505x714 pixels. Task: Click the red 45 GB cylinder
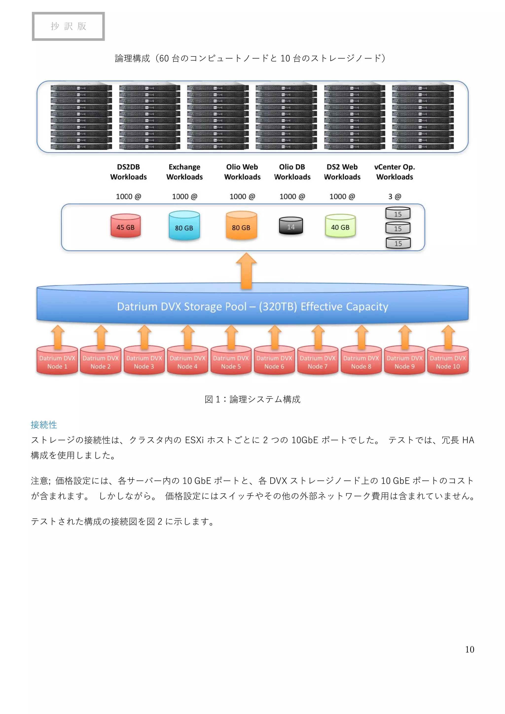(x=126, y=226)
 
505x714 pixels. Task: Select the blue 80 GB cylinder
(x=184, y=226)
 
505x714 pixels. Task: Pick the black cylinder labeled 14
(x=291, y=226)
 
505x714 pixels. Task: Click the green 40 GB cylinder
(x=340, y=226)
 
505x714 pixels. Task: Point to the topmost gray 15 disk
(x=398, y=214)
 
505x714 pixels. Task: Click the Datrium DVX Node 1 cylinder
(x=57, y=361)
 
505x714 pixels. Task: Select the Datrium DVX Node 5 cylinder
(x=231, y=361)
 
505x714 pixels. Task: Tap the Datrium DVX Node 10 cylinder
(x=448, y=361)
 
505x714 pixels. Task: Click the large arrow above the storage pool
(x=246, y=270)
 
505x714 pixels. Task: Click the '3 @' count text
(x=395, y=196)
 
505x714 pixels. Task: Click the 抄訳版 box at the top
(x=68, y=26)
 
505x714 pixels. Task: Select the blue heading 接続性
(x=44, y=425)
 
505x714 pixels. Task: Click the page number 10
(x=469, y=650)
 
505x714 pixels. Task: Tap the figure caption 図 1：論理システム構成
(x=252, y=399)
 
